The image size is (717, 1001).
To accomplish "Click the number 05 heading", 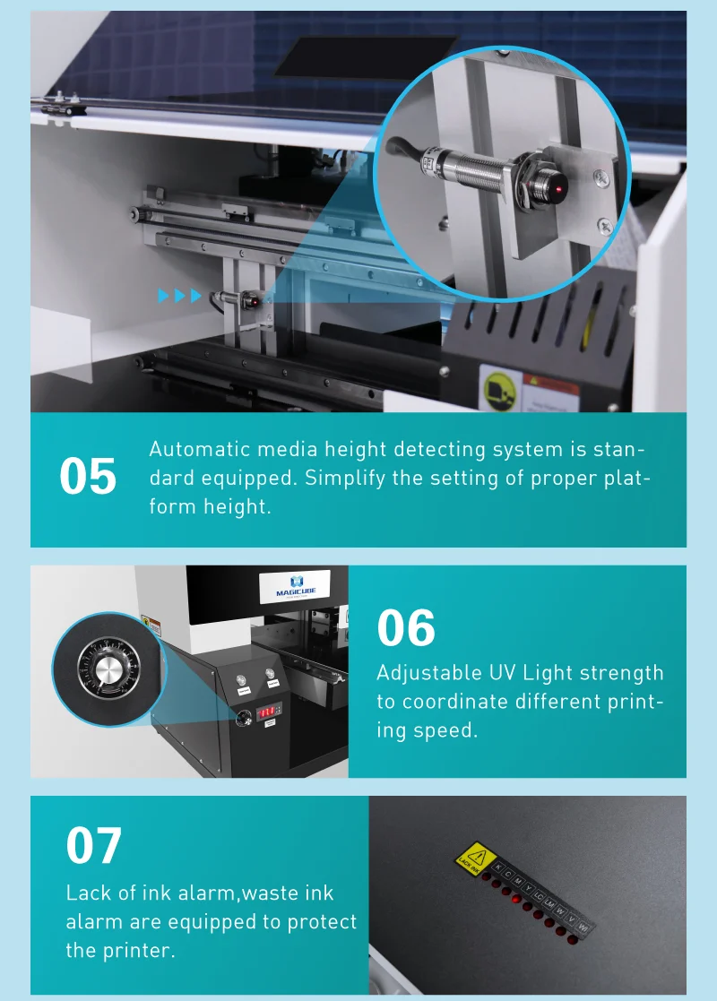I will [88, 477].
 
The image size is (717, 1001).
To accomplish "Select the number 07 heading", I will [94, 845].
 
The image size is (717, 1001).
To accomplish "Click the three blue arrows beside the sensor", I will [180, 296].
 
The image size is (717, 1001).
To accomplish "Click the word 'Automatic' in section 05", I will [193, 449].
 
